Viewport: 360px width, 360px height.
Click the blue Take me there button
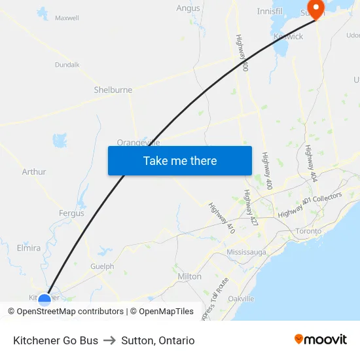click(179, 160)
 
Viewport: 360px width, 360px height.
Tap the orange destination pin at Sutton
click(316, 9)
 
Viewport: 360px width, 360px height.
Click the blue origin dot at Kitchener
click(45, 300)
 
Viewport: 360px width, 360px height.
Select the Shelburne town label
click(113, 90)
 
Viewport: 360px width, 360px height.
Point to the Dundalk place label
click(67, 65)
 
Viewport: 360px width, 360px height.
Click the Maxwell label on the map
click(67, 18)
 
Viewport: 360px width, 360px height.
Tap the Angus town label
click(188, 8)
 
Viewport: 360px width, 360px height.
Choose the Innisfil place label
click(269, 11)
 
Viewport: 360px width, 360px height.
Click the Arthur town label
click(34, 171)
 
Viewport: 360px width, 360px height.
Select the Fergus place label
click(71, 213)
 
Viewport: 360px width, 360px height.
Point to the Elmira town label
click(28, 248)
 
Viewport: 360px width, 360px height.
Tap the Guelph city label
click(101, 266)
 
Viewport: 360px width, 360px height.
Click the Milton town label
click(190, 276)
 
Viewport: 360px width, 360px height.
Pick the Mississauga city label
click(246, 252)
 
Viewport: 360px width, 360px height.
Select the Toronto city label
click(308, 231)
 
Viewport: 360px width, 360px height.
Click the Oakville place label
click(241, 298)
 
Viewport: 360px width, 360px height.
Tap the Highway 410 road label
click(221, 218)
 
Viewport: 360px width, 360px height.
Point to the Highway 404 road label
click(311, 164)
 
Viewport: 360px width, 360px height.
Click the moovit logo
click(320, 340)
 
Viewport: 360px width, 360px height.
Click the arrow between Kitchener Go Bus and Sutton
click(109, 340)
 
